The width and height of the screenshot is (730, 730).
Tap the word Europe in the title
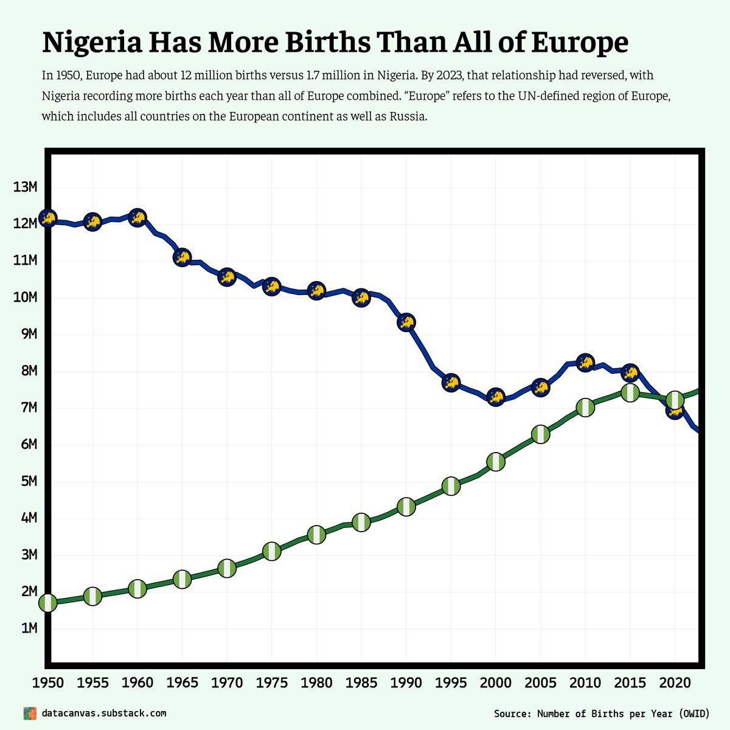point(580,43)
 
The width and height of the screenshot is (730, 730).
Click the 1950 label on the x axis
point(47,683)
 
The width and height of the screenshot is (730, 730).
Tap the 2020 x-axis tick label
point(675,683)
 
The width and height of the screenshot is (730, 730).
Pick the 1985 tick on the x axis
point(361,683)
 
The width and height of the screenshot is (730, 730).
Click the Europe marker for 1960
point(137,217)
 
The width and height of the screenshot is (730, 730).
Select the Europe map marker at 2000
point(496,397)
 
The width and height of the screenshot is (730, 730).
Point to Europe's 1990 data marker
point(406,322)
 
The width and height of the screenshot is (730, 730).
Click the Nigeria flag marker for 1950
point(47,603)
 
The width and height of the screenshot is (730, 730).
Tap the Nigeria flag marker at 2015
point(630,392)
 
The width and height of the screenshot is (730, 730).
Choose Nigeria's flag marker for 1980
point(316,535)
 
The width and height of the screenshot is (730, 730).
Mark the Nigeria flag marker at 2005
point(540,434)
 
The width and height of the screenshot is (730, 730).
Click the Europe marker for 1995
point(451,383)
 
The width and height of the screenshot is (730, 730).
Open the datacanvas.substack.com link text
point(103,713)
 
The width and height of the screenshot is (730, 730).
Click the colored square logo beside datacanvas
point(29,713)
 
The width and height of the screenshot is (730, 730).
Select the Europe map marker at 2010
point(585,363)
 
